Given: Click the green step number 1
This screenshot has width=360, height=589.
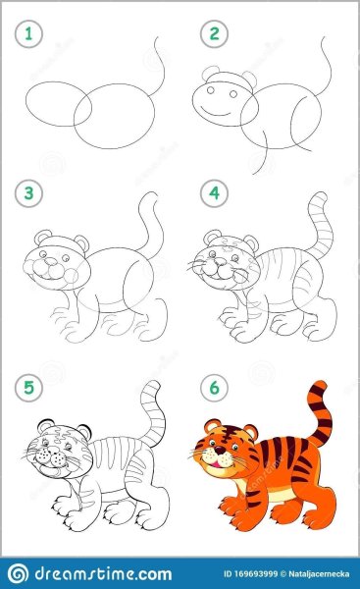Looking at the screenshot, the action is click(28, 34).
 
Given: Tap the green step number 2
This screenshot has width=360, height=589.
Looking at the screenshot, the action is click(215, 34).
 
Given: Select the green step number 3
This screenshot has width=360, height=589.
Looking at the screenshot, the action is click(28, 193).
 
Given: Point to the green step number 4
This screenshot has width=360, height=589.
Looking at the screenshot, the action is click(215, 193).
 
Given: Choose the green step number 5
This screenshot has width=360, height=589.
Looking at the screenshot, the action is click(28, 388).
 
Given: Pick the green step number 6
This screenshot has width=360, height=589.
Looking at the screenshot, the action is click(215, 388).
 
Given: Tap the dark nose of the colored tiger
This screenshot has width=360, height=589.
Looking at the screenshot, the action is click(219, 450).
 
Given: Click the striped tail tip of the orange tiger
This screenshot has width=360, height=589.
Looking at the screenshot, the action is click(318, 386).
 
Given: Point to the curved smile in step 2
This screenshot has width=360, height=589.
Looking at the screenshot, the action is click(216, 113).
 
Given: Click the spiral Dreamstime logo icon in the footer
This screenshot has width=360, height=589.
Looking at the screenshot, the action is click(18, 573).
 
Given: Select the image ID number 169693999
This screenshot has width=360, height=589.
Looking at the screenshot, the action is click(255, 574).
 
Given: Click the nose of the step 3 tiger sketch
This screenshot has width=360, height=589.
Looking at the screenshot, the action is click(50, 261).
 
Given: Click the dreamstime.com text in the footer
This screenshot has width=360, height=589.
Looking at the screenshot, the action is click(103, 574).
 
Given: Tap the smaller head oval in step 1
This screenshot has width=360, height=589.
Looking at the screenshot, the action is click(58, 104).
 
